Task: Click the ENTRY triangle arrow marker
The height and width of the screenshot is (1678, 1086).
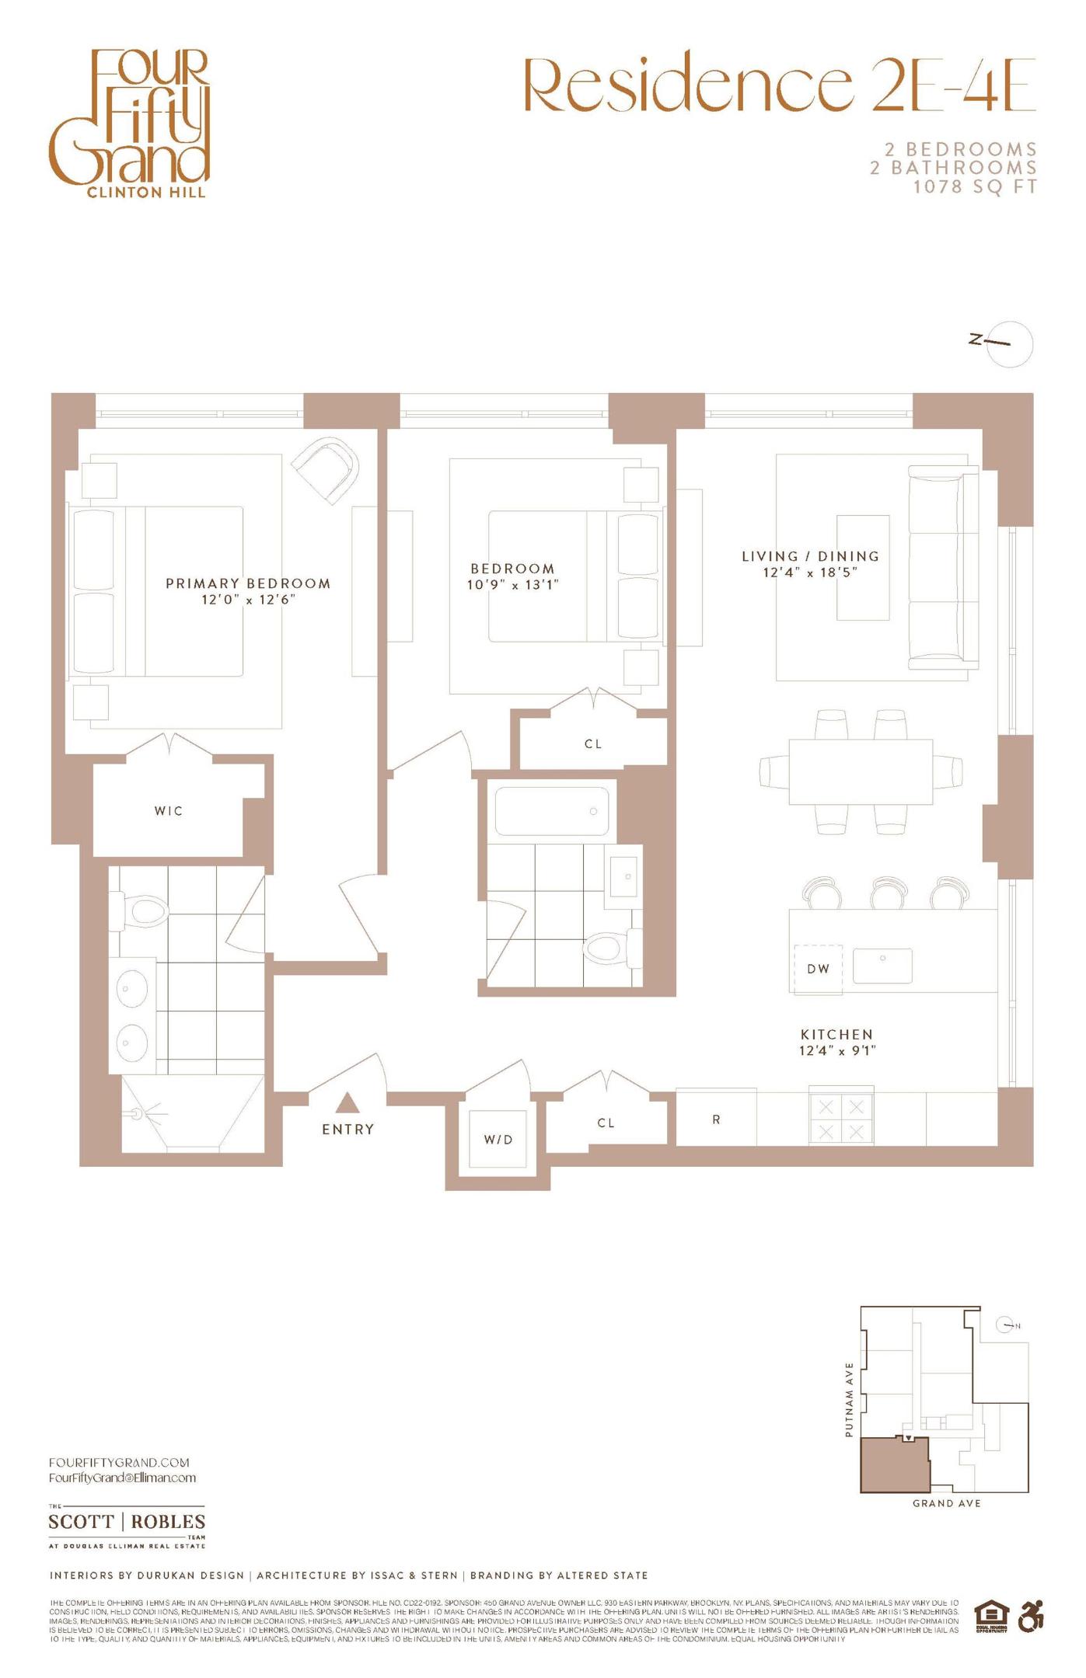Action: coord(347,1102)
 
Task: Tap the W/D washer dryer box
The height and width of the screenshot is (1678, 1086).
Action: coord(498,1139)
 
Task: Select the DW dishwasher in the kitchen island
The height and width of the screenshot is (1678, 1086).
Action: coord(818,969)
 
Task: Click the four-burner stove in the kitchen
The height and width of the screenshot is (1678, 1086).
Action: coord(841,1119)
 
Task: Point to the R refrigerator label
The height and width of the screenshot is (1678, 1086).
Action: coord(716,1119)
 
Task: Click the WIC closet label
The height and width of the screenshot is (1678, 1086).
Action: coord(169,811)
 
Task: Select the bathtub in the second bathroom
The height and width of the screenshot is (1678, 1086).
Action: coord(552,812)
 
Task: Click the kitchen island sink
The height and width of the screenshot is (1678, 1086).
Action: coord(882,966)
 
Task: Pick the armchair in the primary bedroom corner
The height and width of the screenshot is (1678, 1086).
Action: coord(328,468)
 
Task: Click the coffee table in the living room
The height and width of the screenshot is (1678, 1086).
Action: coord(862,567)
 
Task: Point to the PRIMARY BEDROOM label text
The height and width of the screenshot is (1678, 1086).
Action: coord(248,583)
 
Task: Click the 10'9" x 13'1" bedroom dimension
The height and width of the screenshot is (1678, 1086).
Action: coord(512,585)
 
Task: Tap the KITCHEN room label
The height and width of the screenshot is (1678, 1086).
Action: coord(837,1034)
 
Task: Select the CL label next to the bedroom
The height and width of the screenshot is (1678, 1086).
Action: coord(593,744)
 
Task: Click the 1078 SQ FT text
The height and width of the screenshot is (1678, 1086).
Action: coord(975,186)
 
